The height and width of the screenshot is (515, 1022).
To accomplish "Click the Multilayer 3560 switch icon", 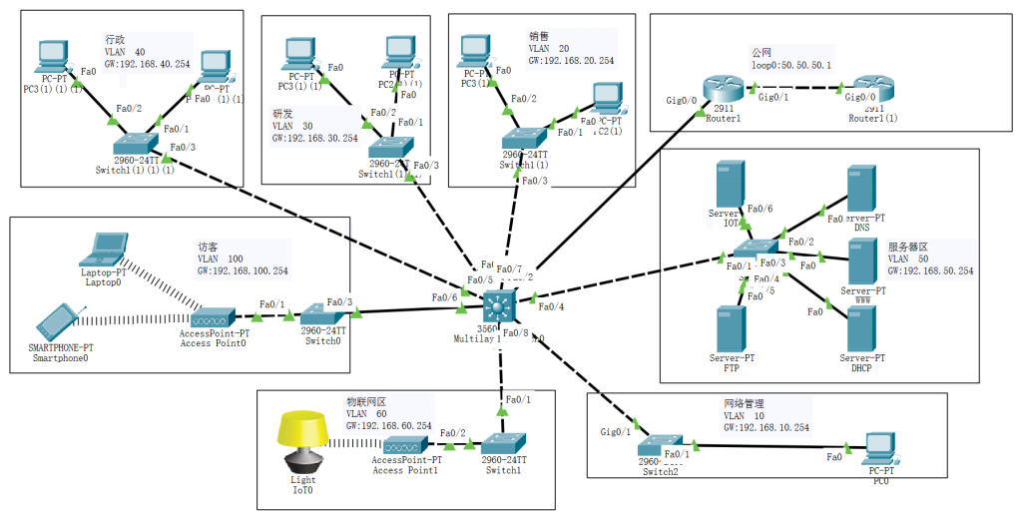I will (496, 306).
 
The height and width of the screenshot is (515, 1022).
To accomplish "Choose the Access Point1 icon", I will (404, 446).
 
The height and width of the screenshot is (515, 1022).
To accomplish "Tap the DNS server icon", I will (860, 189).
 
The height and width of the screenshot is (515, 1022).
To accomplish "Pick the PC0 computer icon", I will (879, 450).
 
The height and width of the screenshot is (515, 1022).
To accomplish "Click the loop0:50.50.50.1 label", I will (791, 65).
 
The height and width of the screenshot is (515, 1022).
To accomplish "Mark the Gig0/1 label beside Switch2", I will (615, 432).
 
